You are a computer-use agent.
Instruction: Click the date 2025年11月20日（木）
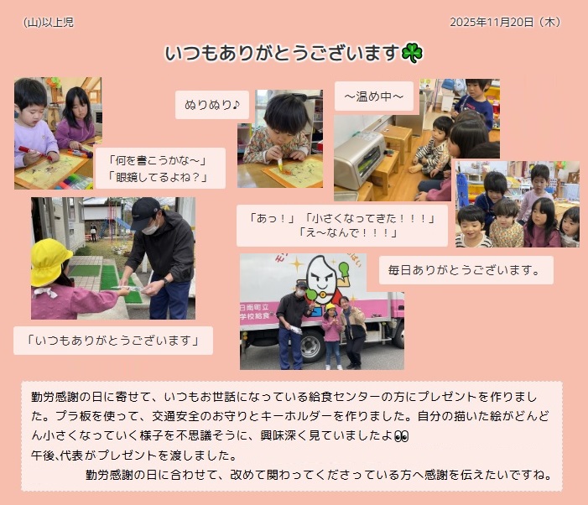[505, 22]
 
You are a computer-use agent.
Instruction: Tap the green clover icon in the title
[412, 53]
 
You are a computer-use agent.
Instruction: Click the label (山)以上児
[49, 23]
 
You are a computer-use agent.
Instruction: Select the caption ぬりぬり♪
[212, 105]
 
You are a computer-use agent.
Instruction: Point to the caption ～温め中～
[374, 96]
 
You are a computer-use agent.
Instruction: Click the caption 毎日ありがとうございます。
[465, 270]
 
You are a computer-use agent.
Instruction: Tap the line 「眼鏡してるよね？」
[158, 176]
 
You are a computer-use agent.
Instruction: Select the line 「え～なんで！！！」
[348, 233]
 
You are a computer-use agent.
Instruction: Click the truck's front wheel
[310, 346]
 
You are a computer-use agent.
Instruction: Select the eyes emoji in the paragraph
[401, 436]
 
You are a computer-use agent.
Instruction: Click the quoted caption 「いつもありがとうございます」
[113, 341]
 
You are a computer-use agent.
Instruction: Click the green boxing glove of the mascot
[344, 268]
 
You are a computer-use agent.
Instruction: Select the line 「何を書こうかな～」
[158, 160]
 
